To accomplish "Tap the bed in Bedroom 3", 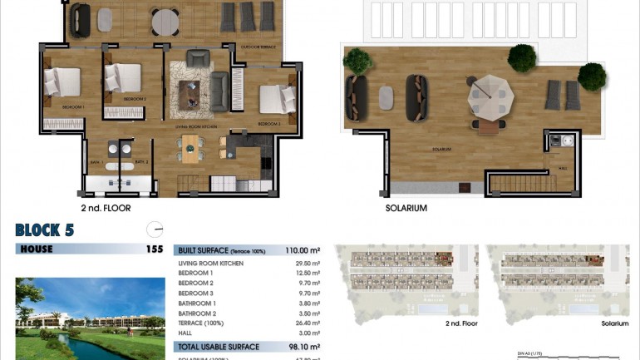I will click(276, 99).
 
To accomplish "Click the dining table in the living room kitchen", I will click(191, 152).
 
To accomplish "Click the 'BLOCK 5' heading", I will click(44, 229).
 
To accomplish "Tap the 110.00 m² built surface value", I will click(303, 249).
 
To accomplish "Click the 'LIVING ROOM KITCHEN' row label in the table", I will click(211, 263).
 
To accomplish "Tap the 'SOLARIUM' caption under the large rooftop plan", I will click(406, 208).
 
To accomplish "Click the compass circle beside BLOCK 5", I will click(154, 229).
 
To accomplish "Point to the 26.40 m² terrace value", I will click(308, 323).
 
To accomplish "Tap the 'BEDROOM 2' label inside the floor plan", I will click(134, 99).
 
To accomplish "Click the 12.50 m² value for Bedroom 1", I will click(308, 273).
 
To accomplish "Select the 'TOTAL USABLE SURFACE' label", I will click(219, 347).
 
